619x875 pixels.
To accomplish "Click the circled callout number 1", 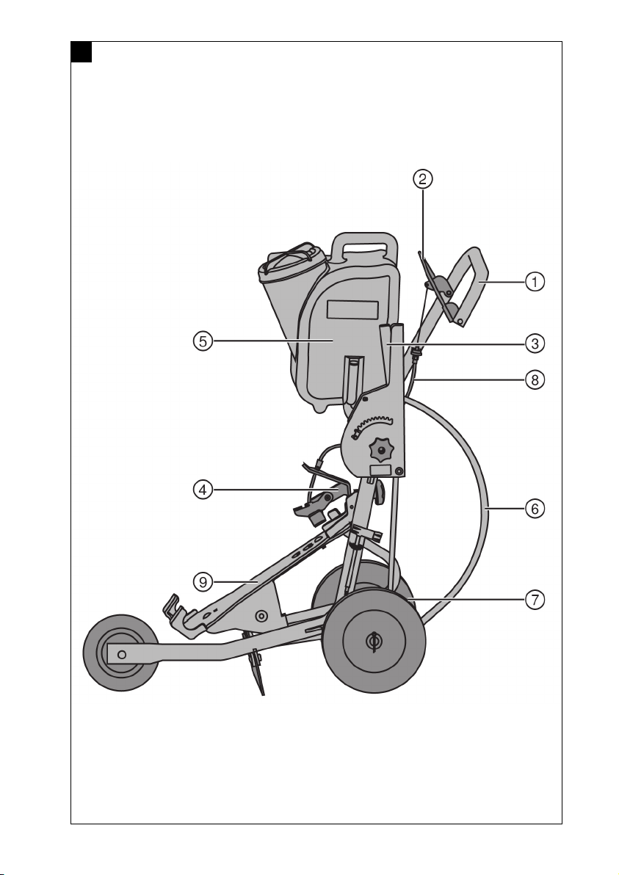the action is [535, 282].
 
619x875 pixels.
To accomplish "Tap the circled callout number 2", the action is [422, 178].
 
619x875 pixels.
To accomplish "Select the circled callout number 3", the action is [535, 344].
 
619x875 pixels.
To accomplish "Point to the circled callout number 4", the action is [203, 490].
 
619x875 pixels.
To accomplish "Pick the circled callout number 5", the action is [203, 341].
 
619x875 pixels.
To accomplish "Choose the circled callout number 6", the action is [535, 509].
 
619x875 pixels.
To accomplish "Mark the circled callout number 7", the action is [535, 600].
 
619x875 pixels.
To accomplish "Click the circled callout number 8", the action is [535, 380].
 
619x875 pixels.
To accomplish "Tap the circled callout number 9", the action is [203, 582].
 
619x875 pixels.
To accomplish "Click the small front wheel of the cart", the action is [121, 653].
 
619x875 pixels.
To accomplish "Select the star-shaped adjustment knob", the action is [382, 449].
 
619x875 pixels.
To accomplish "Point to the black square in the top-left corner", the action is [82, 52].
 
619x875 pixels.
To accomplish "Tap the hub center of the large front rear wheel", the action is [374, 641].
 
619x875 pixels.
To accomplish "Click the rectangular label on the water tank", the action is [352, 310].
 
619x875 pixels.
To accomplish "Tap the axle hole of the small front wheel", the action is [122, 654].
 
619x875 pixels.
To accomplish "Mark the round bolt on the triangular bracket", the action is [261, 616].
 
